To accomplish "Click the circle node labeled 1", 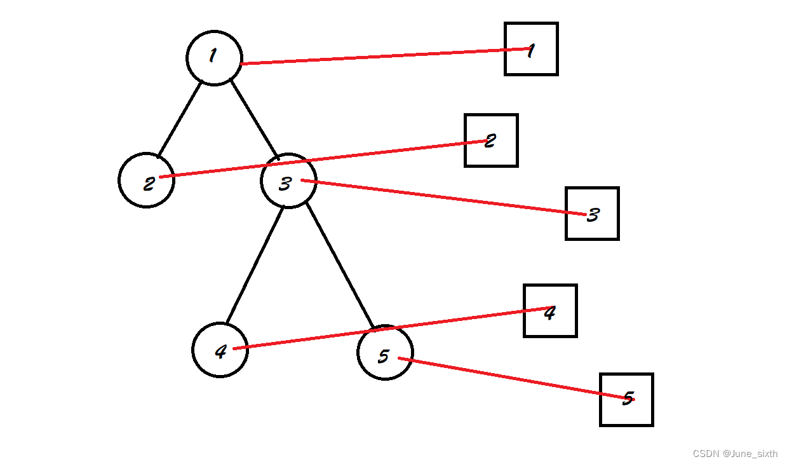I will tap(214, 57).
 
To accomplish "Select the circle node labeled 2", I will tap(146, 180).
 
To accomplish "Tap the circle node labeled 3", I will tap(288, 181).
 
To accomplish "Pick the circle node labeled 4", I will tap(220, 350).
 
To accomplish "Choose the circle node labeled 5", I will tap(385, 353).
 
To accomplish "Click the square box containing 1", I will tap(531, 49).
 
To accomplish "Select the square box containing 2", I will tap(491, 140).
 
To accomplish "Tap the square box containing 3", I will tap(592, 214).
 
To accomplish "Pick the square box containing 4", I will tap(550, 311).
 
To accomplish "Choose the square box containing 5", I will tap(626, 399).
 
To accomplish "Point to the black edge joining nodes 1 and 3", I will tap(254, 119).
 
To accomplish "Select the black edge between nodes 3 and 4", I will tap(255, 264).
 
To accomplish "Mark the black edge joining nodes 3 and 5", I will tap(339, 266).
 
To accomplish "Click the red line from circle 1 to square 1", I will tap(381, 57).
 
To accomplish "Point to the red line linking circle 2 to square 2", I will tap(318, 160).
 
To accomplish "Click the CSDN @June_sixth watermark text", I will tap(735, 454).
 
